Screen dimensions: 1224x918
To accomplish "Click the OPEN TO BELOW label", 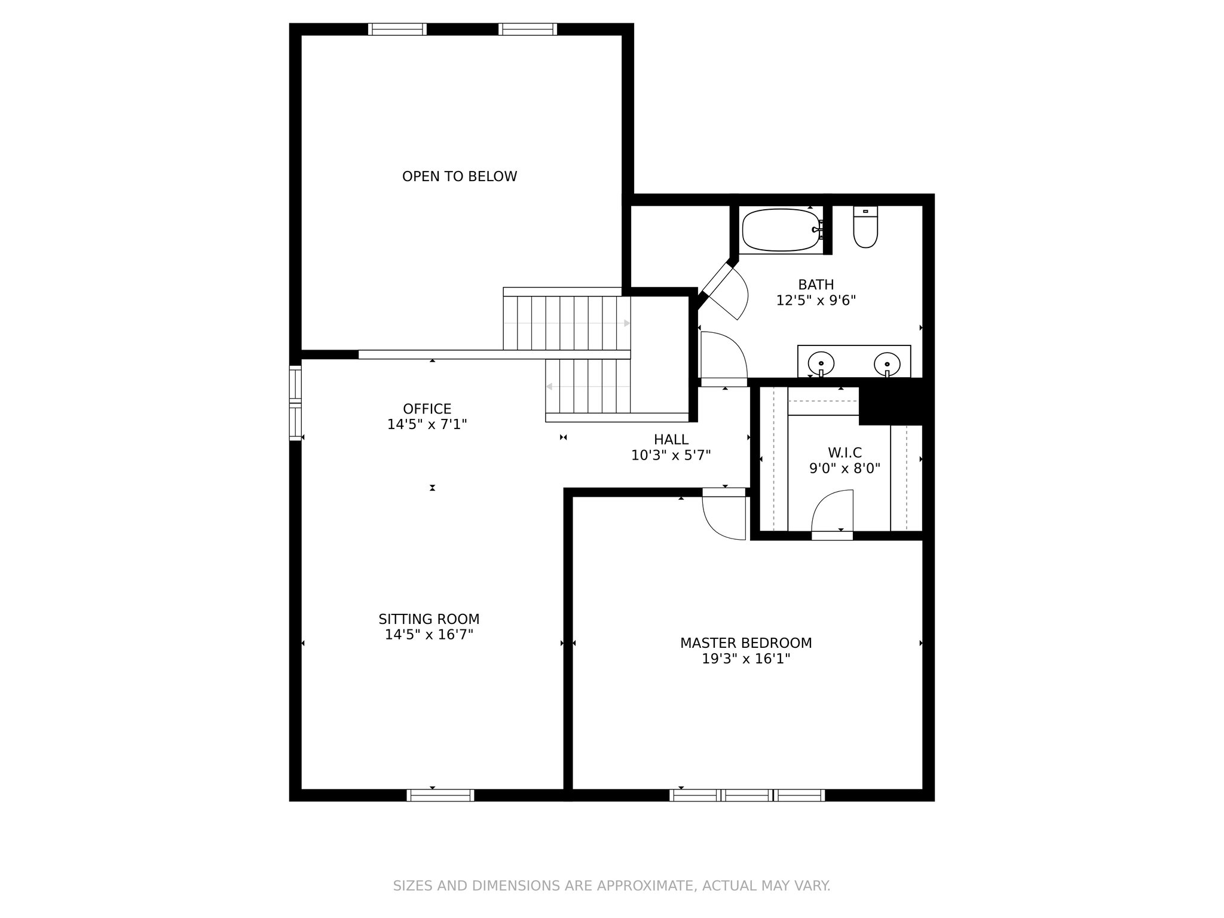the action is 459,176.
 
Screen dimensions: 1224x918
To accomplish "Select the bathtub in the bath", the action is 782,229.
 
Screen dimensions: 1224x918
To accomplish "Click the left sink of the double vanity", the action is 821,363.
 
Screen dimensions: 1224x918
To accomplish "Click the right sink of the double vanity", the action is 887,363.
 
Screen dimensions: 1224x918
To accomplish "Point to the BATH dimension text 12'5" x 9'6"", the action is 816,300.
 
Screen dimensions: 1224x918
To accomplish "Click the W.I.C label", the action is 844,452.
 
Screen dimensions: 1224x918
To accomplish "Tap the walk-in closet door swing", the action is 832,511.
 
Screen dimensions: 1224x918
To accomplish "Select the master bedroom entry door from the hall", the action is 724,514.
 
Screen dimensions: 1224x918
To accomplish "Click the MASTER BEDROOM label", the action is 746,643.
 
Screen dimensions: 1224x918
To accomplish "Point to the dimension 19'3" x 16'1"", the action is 746,659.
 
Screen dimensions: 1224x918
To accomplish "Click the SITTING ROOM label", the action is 429,619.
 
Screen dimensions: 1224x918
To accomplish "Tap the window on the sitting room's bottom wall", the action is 440,795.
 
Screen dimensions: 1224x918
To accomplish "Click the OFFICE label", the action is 427,409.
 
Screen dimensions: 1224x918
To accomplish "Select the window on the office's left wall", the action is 295,403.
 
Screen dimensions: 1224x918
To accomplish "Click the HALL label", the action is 671,440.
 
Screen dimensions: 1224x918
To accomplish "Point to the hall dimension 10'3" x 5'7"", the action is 671,455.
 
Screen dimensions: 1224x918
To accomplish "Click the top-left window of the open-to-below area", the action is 397,29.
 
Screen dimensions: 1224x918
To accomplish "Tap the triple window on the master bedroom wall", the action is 747,795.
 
